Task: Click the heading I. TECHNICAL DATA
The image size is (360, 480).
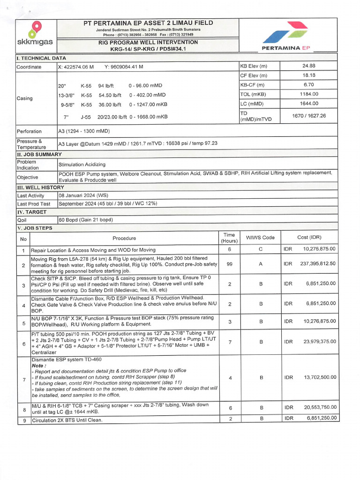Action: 41,58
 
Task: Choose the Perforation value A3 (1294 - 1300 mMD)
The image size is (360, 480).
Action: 84,131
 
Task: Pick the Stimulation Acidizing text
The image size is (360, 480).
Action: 82,165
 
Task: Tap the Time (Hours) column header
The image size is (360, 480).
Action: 229,238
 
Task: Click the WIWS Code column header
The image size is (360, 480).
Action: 260,238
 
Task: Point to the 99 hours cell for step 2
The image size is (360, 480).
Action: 229,264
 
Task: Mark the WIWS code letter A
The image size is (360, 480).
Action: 260,264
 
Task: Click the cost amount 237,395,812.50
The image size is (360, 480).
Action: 318,264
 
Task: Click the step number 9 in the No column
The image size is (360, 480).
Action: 23,421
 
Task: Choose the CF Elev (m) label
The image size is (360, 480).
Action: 254,75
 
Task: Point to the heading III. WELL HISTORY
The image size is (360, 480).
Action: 40,187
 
